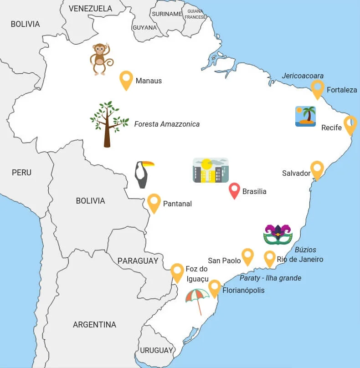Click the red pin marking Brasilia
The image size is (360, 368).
(234, 190)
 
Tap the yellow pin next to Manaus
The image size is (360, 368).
(126, 79)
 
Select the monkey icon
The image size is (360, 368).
(101, 59)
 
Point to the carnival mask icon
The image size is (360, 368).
(278, 235)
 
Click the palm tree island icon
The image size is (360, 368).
(305, 116)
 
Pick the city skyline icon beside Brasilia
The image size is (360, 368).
(210, 170)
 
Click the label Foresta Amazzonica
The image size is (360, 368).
(167, 124)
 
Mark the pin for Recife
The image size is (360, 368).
(350, 124)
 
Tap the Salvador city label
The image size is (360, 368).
(296, 173)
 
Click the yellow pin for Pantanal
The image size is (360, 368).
(154, 202)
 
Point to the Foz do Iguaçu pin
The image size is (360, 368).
(177, 272)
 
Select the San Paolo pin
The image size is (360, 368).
(247, 256)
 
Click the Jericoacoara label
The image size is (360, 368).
(303, 76)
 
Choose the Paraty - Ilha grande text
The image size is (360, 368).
(271, 278)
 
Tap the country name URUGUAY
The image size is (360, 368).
(156, 350)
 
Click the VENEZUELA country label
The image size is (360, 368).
(90, 9)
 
